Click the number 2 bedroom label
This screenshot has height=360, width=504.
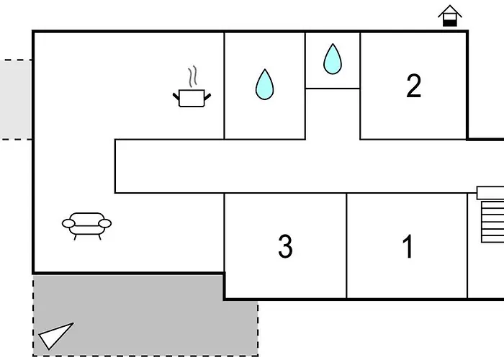pos(413,86)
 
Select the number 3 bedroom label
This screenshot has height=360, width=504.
pos(285,246)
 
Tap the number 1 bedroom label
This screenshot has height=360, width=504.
pos(408,246)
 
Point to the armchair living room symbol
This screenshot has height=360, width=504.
pos(86,224)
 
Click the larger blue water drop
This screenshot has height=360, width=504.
pos(264,84)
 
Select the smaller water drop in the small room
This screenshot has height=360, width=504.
pos(332,59)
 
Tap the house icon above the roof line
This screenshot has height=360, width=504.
pos(449,16)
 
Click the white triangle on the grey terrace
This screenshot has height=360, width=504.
pos(56,335)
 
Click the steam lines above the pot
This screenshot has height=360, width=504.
pos(192,76)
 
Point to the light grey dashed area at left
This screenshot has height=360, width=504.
pos(15,99)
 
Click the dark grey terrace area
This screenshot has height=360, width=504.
pos(144,317)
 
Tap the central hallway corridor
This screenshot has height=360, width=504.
pos(288,166)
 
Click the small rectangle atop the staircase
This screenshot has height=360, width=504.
pos(490,193)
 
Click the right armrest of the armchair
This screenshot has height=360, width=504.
pos(105,224)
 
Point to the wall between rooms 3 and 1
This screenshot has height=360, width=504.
pos(347,245)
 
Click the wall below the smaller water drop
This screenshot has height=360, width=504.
pos(333,89)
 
